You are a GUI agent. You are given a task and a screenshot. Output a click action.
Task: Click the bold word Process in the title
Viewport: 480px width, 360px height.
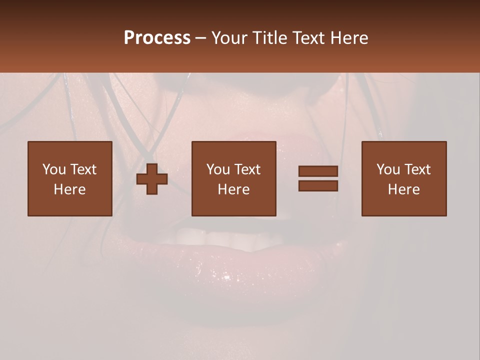click(157, 37)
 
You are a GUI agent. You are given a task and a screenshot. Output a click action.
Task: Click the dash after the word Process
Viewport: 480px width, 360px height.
click(200, 38)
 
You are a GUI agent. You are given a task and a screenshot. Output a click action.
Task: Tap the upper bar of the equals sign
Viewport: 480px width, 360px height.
click(318, 171)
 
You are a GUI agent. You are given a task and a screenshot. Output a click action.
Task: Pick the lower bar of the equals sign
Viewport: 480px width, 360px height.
click(318, 186)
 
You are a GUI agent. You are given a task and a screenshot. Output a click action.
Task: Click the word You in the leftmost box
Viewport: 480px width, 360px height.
click(54, 169)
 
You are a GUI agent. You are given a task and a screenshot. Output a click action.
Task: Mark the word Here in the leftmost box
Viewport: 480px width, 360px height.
click(69, 189)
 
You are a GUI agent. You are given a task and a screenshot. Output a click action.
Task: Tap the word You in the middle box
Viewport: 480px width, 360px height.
click(218, 169)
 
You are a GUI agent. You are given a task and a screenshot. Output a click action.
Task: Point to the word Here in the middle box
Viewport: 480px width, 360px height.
click(233, 189)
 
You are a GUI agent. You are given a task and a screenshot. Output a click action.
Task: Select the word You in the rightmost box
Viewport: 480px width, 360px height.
click(388, 169)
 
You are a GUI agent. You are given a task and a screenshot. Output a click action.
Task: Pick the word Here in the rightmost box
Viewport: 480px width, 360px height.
click(403, 189)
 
